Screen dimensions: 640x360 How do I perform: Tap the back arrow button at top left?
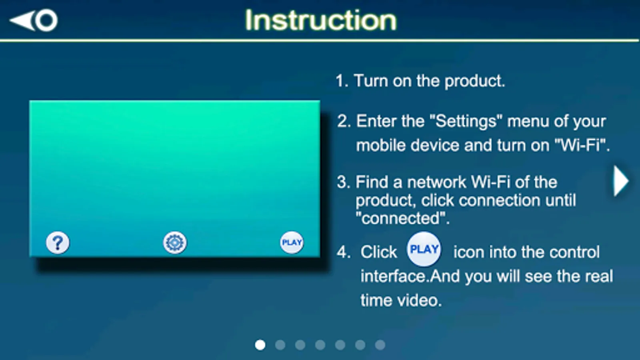click(34, 20)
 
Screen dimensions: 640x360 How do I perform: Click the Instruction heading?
click(321, 20)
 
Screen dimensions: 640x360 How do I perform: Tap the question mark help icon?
click(58, 242)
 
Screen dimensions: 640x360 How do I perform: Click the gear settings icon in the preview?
click(175, 242)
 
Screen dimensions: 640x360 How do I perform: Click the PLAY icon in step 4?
click(424, 249)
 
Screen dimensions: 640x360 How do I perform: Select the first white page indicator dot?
click(260, 345)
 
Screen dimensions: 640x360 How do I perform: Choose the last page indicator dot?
click(380, 345)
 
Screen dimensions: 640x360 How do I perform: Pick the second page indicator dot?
click(280, 345)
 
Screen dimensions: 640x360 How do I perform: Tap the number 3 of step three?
click(342, 182)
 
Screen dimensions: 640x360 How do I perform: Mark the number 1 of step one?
click(340, 81)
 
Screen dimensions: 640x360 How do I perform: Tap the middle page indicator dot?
click(320, 345)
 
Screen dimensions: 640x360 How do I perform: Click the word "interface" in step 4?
click(394, 276)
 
